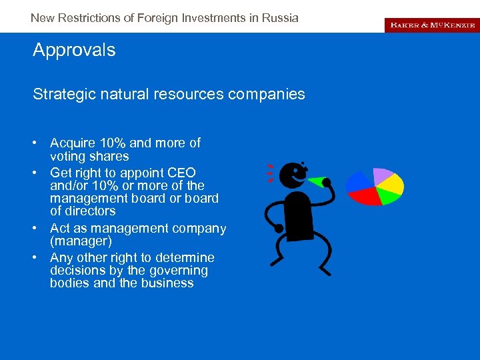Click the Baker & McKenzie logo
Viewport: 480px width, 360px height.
(431, 25)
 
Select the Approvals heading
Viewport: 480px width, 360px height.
(74, 50)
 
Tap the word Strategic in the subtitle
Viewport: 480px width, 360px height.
(59, 94)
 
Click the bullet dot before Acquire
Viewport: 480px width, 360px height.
(41, 143)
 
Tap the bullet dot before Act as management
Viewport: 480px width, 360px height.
(41, 229)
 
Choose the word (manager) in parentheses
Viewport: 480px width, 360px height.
(81, 241)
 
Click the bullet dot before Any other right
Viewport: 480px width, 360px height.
(41, 258)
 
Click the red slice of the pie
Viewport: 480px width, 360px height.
(364, 195)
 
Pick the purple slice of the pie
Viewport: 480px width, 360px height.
(383, 175)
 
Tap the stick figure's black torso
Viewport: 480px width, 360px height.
(298, 217)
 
